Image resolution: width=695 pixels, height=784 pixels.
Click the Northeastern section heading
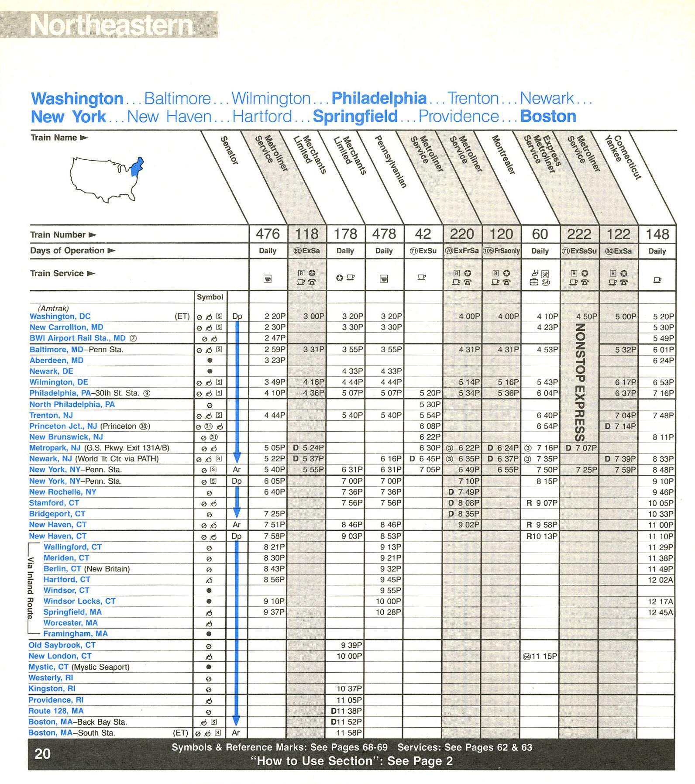pos(111,25)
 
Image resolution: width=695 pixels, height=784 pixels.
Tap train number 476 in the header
pos(268,234)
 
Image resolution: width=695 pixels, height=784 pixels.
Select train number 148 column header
pos(657,234)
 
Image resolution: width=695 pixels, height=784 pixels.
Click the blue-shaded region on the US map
pos(137,167)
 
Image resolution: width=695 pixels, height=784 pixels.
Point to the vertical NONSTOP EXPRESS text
pos(580,382)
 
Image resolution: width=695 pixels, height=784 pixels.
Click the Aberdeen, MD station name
pos(56,361)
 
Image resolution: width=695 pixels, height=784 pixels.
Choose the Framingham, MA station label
pos(76,634)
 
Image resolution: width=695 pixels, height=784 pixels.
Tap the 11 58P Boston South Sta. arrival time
pos(349,733)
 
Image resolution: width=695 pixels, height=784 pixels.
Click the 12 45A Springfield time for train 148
pos(660,612)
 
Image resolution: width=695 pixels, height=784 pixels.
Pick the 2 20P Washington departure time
pos(275,316)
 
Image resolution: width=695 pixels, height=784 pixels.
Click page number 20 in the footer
pos(42,754)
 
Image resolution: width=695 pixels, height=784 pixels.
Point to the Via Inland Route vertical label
pos(30,588)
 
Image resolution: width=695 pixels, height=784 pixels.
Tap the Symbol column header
pos(210,297)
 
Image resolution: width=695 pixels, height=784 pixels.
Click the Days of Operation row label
pos(67,251)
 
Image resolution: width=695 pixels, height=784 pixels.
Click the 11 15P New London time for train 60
pos(544,656)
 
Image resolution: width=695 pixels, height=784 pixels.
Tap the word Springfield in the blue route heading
pos(355,117)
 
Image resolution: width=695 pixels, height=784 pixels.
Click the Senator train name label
pos(230,150)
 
